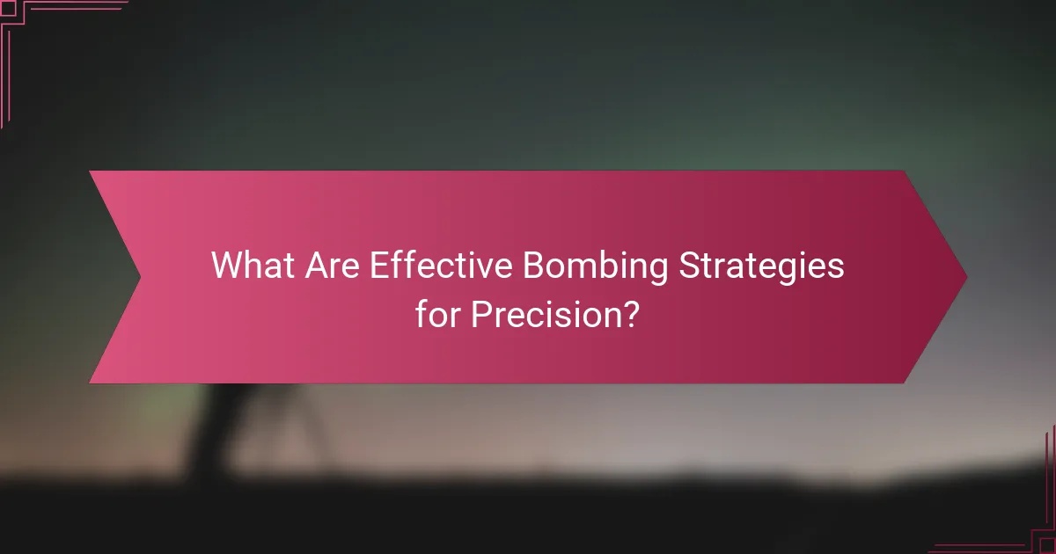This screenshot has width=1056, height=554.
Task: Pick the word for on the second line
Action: pos(438,313)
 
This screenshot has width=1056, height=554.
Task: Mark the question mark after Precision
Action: pos(630,313)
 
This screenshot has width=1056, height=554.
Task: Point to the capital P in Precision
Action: pos(480,313)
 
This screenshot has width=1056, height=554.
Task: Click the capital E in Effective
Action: pos(378,266)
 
